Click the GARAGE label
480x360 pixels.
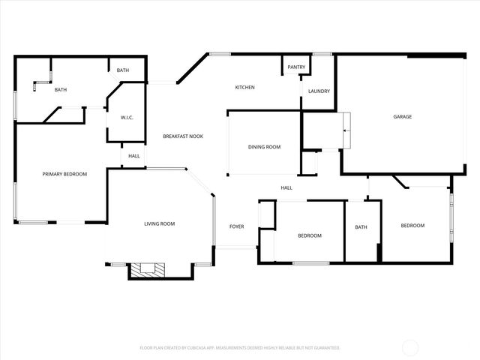pyautogui.click(x=403, y=116)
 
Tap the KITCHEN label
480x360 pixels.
pyautogui.click(x=244, y=88)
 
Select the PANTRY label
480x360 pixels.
pyautogui.click(x=296, y=67)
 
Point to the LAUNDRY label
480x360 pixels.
pyautogui.click(x=319, y=91)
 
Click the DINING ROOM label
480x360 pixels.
pyautogui.click(x=264, y=147)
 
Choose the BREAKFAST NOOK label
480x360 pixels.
pyautogui.click(x=183, y=136)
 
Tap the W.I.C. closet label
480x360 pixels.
pyautogui.click(x=127, y=118)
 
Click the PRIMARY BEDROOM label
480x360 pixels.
pyautogui.click(x=64, y=174)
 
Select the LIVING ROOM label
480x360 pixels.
pyautogui.click(x=159, y=223)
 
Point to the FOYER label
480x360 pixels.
pyautogui.click(x=236, y=226)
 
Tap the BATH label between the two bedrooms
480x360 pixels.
pyautogui.click(x=361, y=227)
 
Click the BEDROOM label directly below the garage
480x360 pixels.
pyautogui.click(x=412, y=226)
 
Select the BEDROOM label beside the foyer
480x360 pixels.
pyautogui.click(x=309, y=235)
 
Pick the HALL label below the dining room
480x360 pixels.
pyautogui.click(x=286, y=188)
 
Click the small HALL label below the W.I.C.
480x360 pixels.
pyautogui.click(x=133, y=156)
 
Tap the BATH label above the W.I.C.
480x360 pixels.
pyautogui.click(x=122, y=70)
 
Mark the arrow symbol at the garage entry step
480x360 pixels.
pyautogui.click(x=344, y=130)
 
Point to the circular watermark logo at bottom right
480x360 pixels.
pyautogui.click(x=411, y=347)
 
